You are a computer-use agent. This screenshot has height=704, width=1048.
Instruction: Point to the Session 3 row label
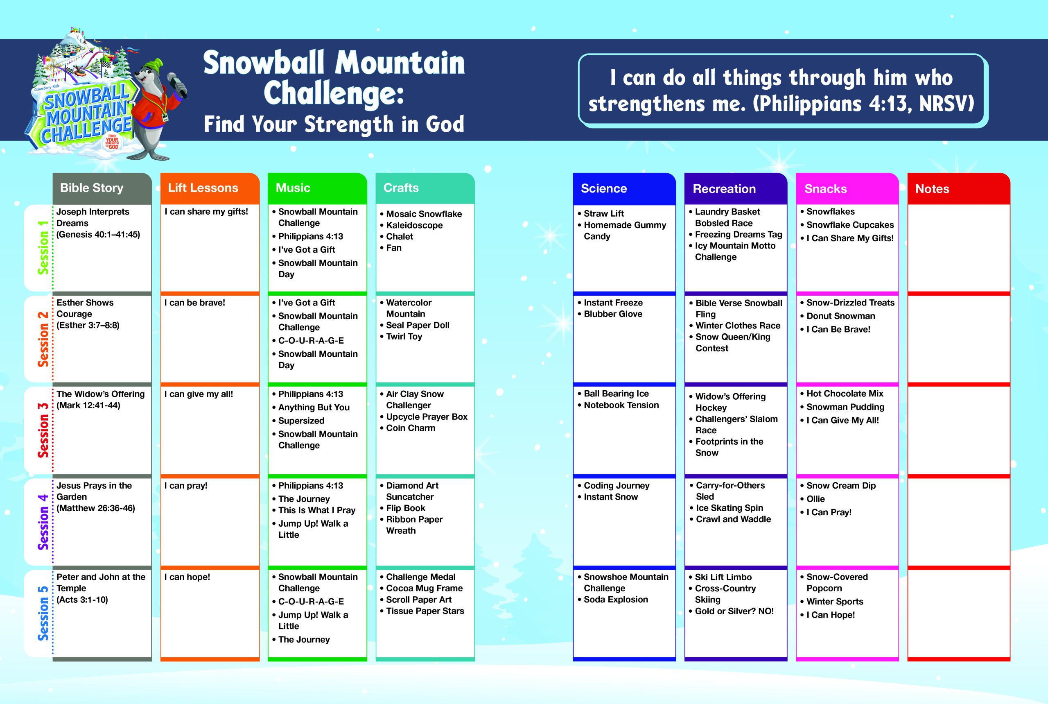pos(43,430)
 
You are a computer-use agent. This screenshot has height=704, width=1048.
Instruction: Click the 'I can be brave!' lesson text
pos(195,303)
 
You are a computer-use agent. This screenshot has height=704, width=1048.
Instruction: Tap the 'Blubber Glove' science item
pos(613,314)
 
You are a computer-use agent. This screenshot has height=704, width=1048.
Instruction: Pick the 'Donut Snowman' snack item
pos(840,316)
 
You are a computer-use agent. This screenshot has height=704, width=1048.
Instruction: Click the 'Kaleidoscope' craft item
pos(414,225)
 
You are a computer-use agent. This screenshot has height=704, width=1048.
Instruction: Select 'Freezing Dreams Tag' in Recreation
pos(739,234)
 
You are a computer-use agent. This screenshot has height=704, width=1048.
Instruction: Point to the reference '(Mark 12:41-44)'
pos(88,405)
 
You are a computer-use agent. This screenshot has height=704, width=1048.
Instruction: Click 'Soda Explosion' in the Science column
pos(616,600)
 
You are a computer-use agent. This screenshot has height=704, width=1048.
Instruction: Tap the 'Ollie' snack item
pos(815,499)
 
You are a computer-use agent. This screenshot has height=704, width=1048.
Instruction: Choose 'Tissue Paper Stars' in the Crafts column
pos(425,611)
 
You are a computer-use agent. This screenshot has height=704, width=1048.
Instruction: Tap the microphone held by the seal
pos(177,84)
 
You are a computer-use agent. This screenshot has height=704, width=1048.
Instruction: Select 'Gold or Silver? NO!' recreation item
pos(734,611)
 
